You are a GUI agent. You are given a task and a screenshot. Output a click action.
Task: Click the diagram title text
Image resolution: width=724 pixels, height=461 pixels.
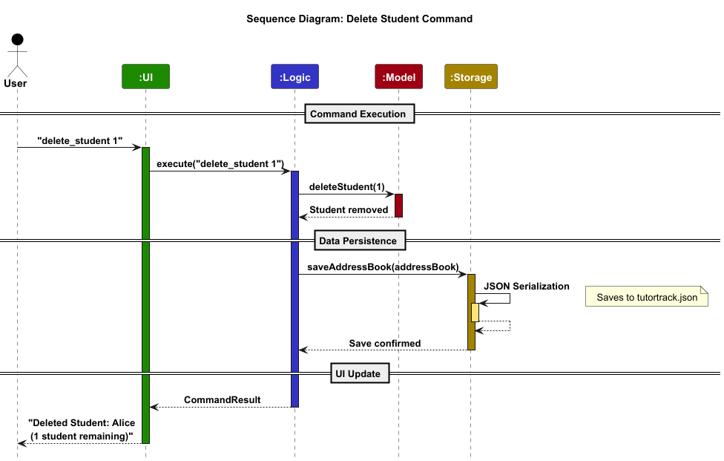(359, 19)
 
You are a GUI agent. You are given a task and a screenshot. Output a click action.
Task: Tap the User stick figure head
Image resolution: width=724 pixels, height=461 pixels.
(17, 39)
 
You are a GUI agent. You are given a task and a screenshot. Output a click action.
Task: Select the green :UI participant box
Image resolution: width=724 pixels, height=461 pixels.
(145, 76)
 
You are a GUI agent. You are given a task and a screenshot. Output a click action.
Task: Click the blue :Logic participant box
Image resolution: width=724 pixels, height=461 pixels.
(294, 76)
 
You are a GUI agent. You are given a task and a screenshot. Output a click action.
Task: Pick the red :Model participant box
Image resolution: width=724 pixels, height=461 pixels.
(398, 76)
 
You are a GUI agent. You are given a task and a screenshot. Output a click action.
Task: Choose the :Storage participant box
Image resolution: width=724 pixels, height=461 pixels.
(471, 76)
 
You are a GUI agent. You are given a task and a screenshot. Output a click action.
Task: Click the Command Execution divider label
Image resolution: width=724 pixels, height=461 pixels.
(358, 114)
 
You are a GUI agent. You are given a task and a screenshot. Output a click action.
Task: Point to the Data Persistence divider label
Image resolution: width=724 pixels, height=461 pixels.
(358, 241)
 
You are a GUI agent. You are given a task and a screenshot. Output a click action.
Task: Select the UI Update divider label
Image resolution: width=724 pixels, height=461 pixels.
(358, 373)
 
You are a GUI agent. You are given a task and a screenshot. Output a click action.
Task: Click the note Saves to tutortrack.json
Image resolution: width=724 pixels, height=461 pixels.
(647, 298)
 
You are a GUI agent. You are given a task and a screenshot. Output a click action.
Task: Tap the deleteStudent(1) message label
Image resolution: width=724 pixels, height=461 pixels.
(346, 186)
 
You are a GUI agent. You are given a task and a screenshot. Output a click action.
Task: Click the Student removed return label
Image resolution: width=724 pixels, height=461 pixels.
(349, 209)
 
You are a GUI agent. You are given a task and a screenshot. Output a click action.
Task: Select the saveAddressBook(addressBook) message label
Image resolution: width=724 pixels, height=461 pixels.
(383, 266)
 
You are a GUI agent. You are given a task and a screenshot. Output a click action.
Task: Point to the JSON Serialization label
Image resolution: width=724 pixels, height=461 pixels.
(526, 286)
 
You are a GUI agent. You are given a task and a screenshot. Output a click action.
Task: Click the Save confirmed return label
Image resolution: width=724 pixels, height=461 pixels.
(384, 343)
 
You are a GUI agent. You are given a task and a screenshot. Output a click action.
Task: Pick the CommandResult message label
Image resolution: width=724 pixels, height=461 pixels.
(222, 399)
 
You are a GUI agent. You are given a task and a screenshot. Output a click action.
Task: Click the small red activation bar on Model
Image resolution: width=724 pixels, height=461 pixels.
(398, 205)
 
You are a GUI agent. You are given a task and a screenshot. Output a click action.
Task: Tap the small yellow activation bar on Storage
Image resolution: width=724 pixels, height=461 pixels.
(475, 312)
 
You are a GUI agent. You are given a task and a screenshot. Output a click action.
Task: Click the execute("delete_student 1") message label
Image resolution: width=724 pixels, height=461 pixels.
(220, 163)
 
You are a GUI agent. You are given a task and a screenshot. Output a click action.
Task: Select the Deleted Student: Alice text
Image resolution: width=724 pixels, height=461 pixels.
(81, 423)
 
